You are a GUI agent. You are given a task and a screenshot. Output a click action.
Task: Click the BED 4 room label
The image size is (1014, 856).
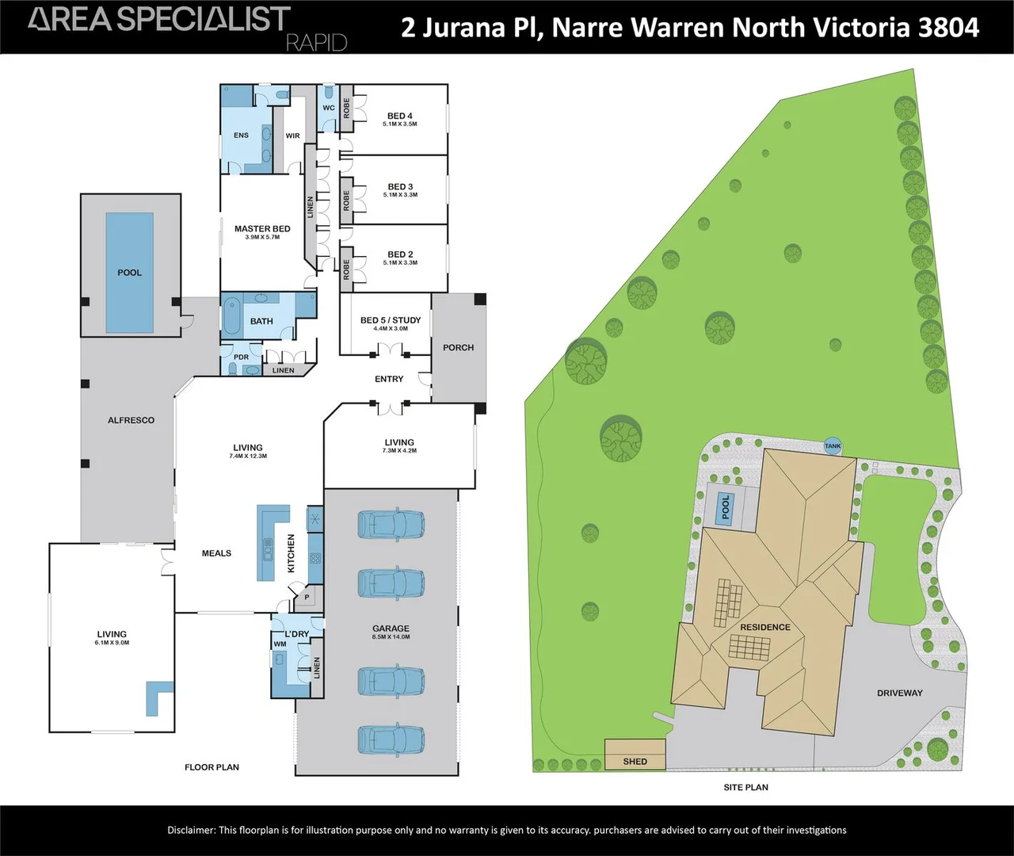[400, 116]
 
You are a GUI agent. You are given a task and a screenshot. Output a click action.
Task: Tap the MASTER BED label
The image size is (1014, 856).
[262, 229]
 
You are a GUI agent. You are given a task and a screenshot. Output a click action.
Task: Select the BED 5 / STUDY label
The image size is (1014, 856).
[391, 320]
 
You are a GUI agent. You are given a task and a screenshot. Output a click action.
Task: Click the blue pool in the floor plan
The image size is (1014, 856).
[130, 273]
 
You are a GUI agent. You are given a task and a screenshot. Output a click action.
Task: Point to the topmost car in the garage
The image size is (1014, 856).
[391, 524]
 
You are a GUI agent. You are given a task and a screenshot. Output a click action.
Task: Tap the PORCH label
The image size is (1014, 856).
[459, 347]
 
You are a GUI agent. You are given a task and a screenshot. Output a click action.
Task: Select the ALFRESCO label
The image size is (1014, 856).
[132, 420]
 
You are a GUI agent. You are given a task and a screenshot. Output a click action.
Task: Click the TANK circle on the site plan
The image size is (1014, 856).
[833, 446]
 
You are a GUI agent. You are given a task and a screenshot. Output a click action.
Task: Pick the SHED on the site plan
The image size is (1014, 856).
[635, 754]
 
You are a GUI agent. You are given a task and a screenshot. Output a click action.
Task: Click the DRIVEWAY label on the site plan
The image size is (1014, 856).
[900, 694]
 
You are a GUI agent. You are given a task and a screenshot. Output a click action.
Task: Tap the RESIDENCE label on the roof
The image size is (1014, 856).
[765, 627]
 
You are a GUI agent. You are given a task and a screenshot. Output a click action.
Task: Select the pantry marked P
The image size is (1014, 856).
[307, 597]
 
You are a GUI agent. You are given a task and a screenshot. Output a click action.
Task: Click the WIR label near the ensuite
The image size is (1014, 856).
[292, 136]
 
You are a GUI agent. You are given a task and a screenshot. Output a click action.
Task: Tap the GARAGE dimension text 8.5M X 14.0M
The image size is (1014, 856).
[391, 636]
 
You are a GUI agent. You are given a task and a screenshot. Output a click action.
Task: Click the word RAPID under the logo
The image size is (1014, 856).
[317, 44]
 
